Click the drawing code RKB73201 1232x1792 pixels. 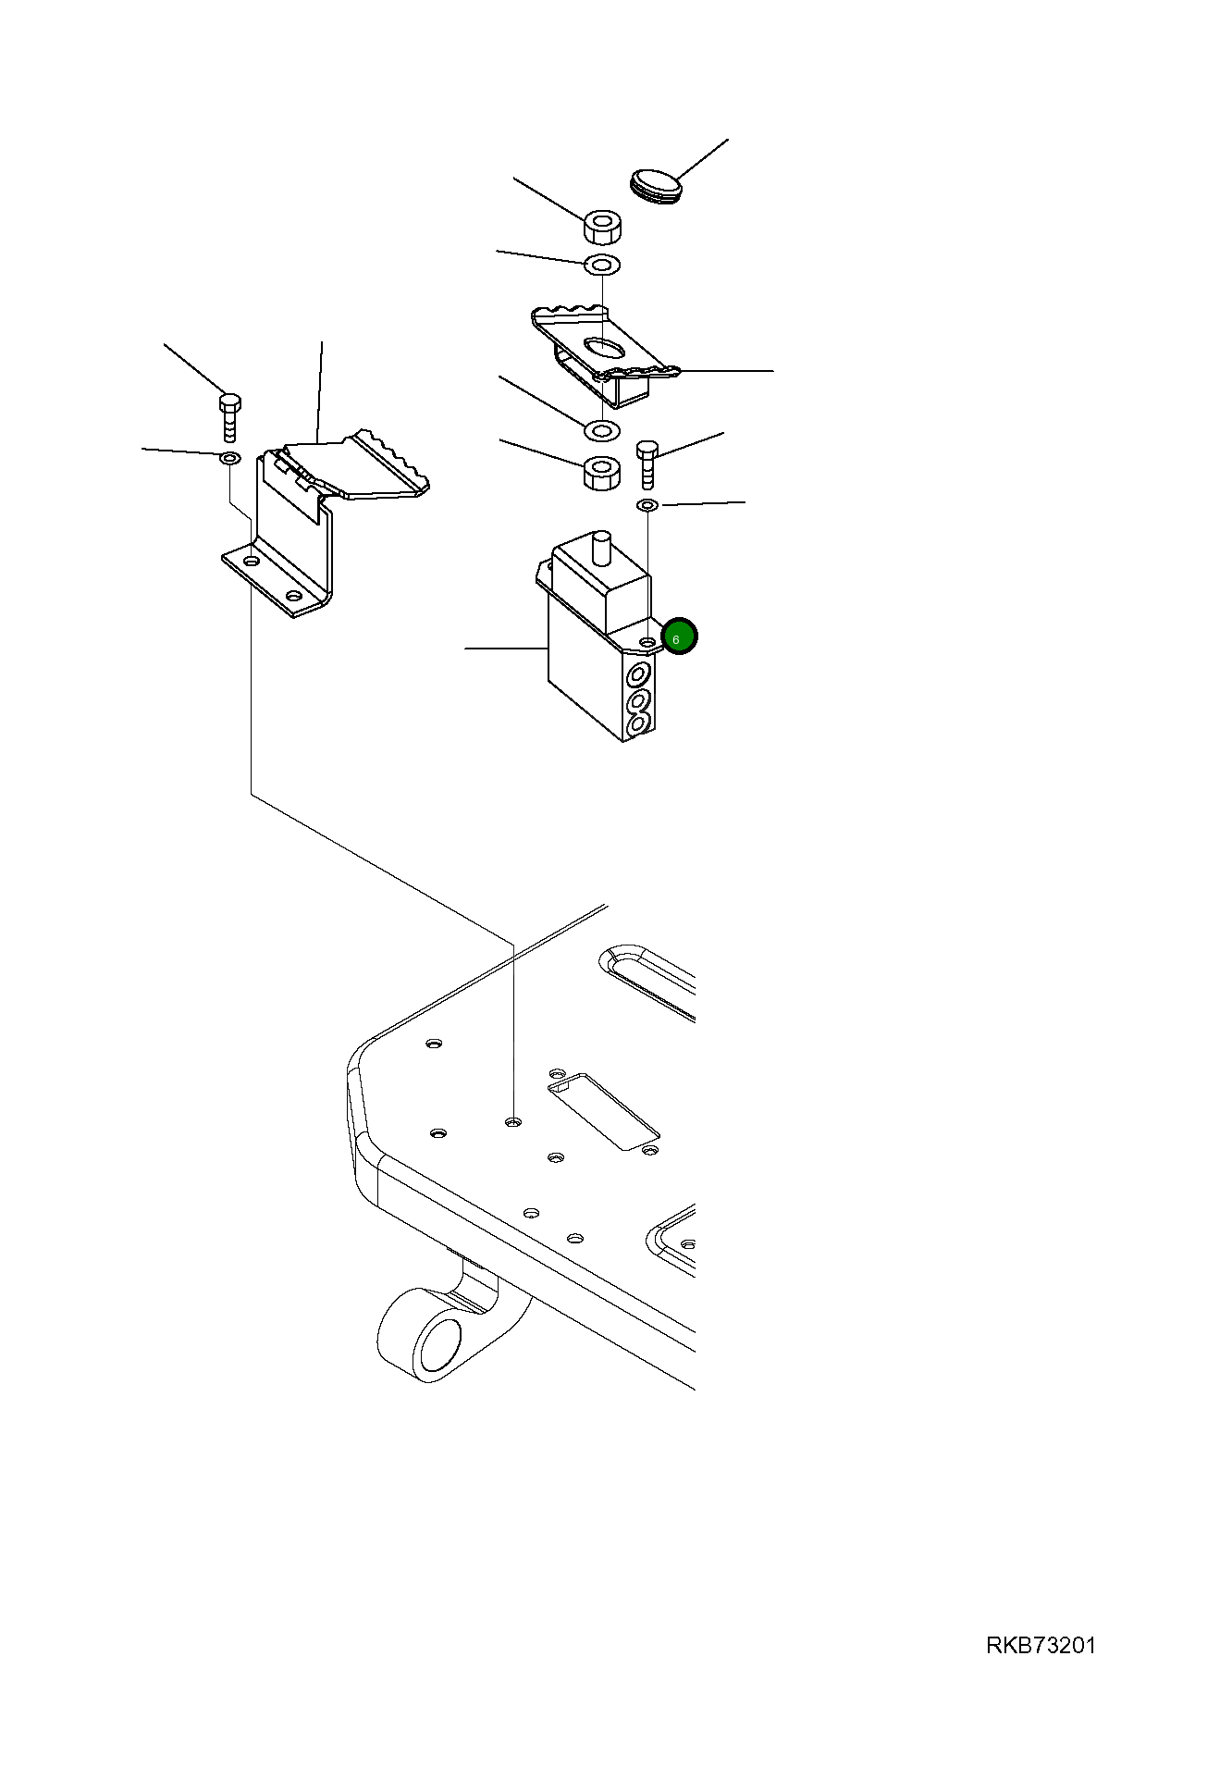tap(1041, 1646)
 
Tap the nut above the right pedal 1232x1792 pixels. tap(602, 228)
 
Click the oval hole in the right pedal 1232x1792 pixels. tap(603, 347)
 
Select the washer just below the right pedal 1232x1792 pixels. tap(602, 430)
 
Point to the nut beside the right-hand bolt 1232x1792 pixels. tap(601, 475)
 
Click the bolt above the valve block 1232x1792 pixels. tap(647, 465)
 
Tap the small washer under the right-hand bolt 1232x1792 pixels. tap(647, 505)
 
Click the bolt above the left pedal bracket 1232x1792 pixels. tap(230, 417)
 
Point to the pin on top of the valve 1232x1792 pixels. tap(602, 548)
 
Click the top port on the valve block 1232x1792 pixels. tap(637, 674)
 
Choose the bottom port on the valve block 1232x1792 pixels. tap(637, 727)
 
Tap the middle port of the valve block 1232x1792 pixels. tap(637, 701)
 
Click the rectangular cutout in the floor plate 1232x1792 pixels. tap(603, 1111)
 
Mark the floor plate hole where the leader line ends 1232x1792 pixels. tap(514, 1122)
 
